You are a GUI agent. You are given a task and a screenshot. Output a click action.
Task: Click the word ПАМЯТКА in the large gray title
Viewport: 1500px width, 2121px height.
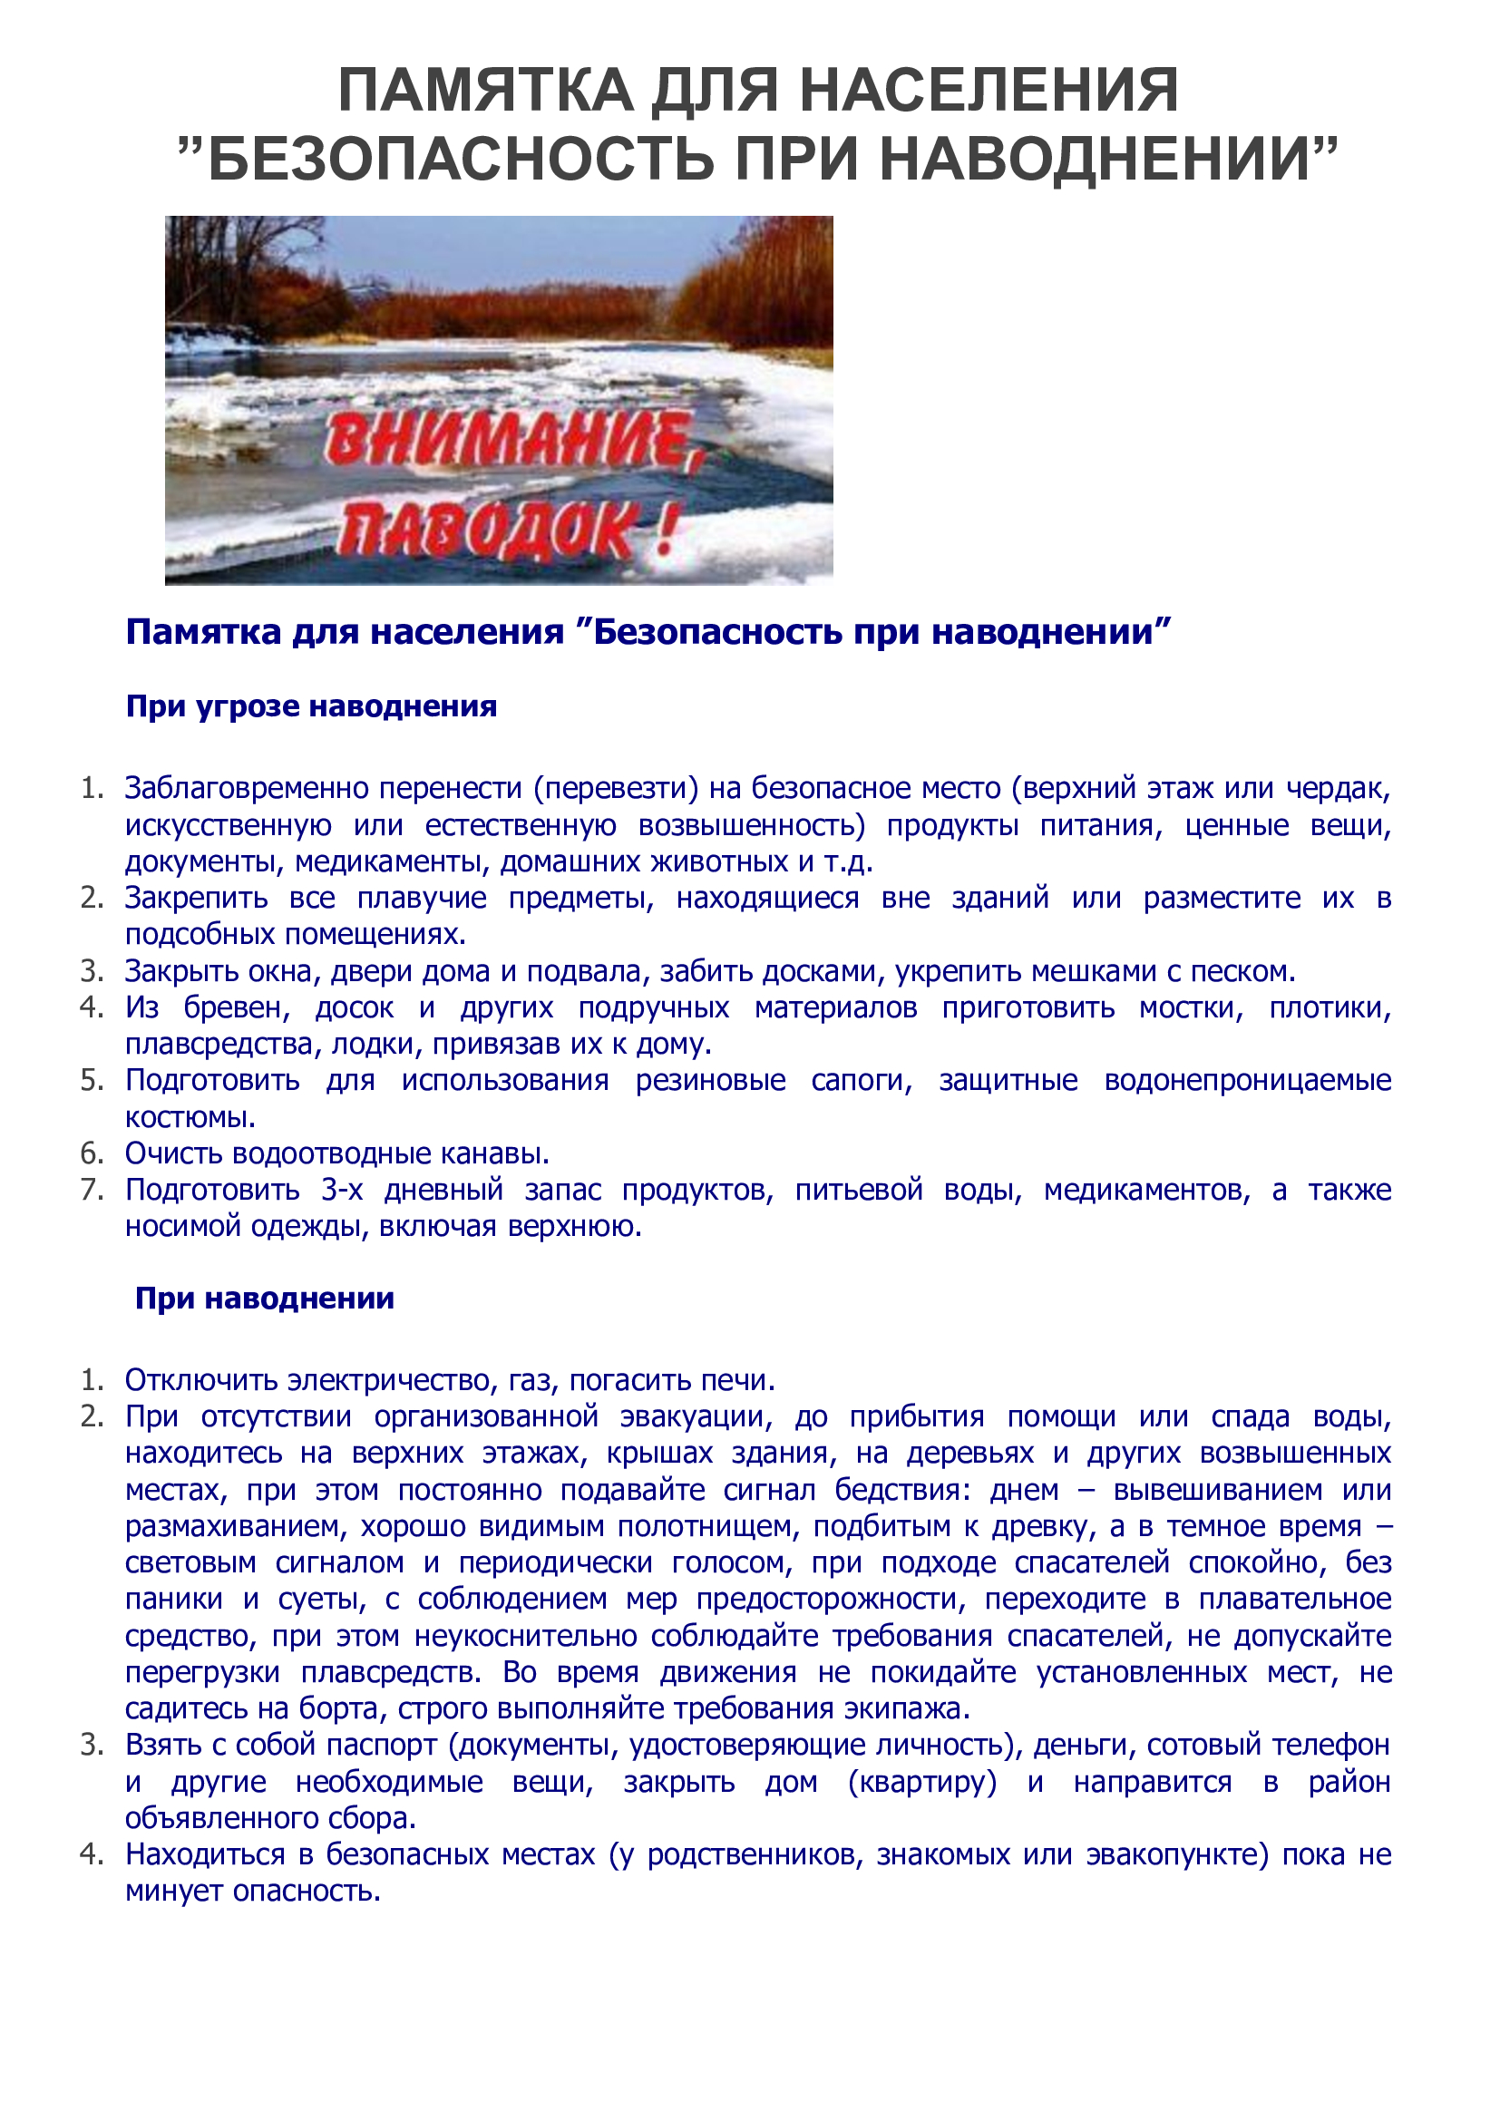[486, 91]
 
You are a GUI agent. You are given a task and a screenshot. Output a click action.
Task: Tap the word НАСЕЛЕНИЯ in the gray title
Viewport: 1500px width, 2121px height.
[989, 91]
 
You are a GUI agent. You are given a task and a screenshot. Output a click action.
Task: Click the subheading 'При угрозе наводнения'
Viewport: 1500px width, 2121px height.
[311, 706]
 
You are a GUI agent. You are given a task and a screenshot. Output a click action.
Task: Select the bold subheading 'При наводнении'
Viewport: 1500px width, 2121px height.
[264, 1298]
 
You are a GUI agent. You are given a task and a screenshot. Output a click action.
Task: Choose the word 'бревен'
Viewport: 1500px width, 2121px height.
[236, 1007]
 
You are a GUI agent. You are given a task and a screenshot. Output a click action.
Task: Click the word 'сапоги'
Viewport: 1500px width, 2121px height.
[861, 1080]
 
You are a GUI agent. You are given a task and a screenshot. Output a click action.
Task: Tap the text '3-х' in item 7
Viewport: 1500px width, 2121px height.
[342, 1190]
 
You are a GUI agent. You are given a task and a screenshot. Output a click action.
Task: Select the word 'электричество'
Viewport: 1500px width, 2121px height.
[394, 1380]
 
